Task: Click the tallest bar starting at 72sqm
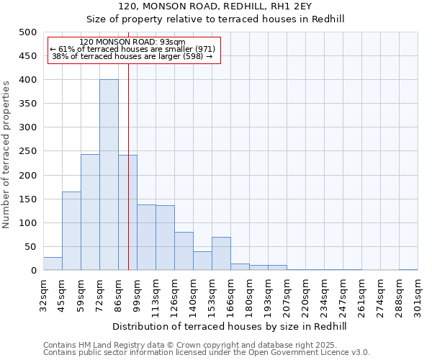109,175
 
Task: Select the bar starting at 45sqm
71,231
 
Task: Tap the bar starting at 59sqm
90,212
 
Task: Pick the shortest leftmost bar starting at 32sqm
53,264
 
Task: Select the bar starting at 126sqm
184,251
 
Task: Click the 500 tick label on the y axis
27,32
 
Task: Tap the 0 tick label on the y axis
33,271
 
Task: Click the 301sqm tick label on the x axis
418,294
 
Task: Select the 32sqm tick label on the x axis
43,294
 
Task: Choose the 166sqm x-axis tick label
230,294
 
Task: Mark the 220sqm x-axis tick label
305,294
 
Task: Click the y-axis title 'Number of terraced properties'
6,151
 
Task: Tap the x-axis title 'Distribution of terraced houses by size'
230,326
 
